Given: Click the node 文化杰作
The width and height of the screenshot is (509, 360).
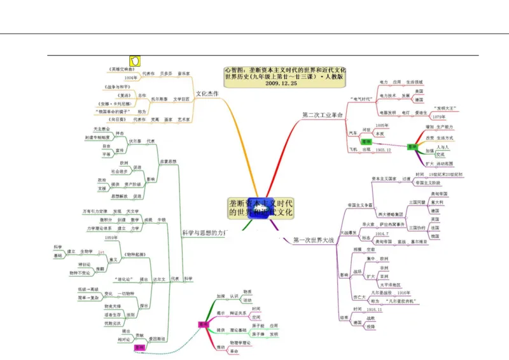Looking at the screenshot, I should point(207,93).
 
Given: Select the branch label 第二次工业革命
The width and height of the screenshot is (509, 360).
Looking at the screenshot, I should point(323,114).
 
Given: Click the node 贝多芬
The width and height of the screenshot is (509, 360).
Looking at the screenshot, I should point(165,73).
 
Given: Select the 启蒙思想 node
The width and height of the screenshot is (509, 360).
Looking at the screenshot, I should point(168,161).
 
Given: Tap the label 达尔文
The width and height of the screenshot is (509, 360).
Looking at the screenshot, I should point(159,279).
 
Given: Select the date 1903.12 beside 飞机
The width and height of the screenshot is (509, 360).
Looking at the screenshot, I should point(384,150).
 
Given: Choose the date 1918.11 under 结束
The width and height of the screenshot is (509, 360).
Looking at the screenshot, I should point(374,308).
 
